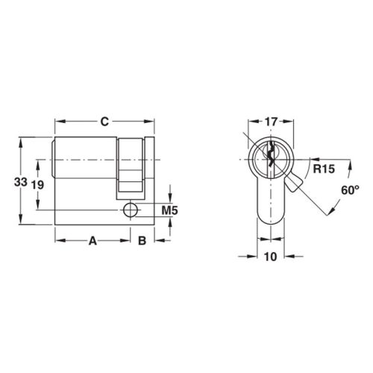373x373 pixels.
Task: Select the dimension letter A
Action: point(93,240)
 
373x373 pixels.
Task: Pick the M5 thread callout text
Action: point(169,211)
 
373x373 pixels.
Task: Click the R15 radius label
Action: point(322,169)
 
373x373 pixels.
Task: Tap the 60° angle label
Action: point(350,191)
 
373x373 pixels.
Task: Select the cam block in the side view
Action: point(131,168)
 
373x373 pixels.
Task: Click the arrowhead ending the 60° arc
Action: point(327,213)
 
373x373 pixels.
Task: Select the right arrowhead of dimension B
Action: point(152,240)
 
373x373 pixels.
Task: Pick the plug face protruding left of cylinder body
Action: point(53,153)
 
